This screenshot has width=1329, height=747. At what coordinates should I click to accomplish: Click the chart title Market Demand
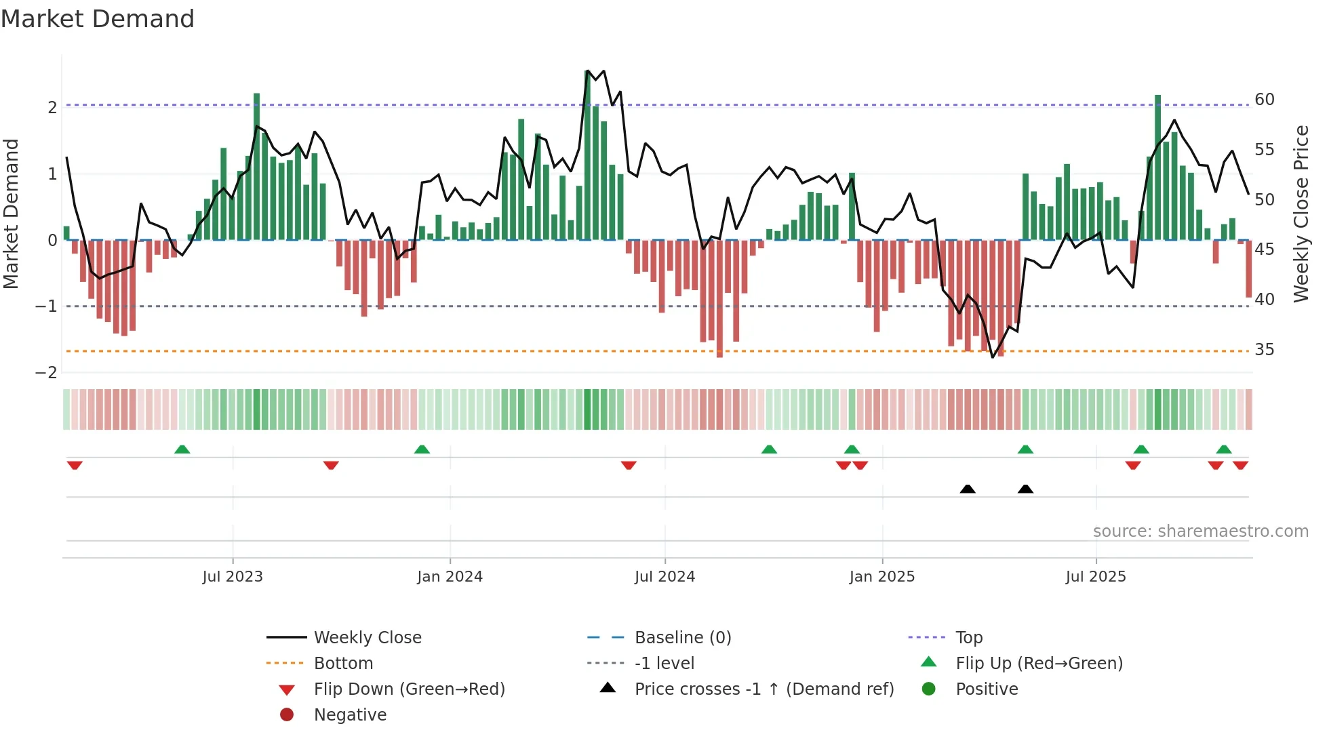click(x=98, y=19)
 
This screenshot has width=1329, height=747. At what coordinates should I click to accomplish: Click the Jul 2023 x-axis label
click(x=232, y=577)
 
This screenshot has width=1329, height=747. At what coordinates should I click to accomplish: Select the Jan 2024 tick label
click(x=450, y=577)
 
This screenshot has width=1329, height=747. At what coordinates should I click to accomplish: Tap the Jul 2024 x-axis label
click(x=664, y=577)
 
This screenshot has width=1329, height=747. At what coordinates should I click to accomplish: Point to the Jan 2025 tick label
click(x=881, y=577)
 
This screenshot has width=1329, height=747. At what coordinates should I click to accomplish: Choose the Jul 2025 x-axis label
click(x=1095, y=577)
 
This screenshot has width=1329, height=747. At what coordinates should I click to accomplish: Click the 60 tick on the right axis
click(x=1265, y=100)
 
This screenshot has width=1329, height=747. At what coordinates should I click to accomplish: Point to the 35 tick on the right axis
click(x=1265, y=350)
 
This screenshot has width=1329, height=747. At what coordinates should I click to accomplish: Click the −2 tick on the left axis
click(x=46, y=373)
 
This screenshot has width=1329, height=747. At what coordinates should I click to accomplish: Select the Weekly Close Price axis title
click(x=1301, y=214)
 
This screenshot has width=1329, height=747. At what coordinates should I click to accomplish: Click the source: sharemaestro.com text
click(x=1200, y=531)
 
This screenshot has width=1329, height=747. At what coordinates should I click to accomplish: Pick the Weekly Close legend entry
click(x=367, y=638)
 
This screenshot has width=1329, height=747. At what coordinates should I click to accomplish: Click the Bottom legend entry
click(x=343, y=664)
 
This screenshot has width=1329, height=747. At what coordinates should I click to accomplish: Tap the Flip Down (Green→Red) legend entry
click(x=409, y=689)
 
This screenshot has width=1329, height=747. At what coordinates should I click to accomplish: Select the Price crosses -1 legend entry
click(x=763, y=689)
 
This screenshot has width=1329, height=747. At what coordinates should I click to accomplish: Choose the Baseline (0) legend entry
click(x=682, y=638)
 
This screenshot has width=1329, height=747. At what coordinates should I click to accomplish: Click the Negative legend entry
click(x=350, y=715)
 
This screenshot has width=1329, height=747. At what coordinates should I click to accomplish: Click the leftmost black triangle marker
click(x=968, y=489)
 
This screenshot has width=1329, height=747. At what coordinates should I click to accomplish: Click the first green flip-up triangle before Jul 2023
click(x=182, y=449)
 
